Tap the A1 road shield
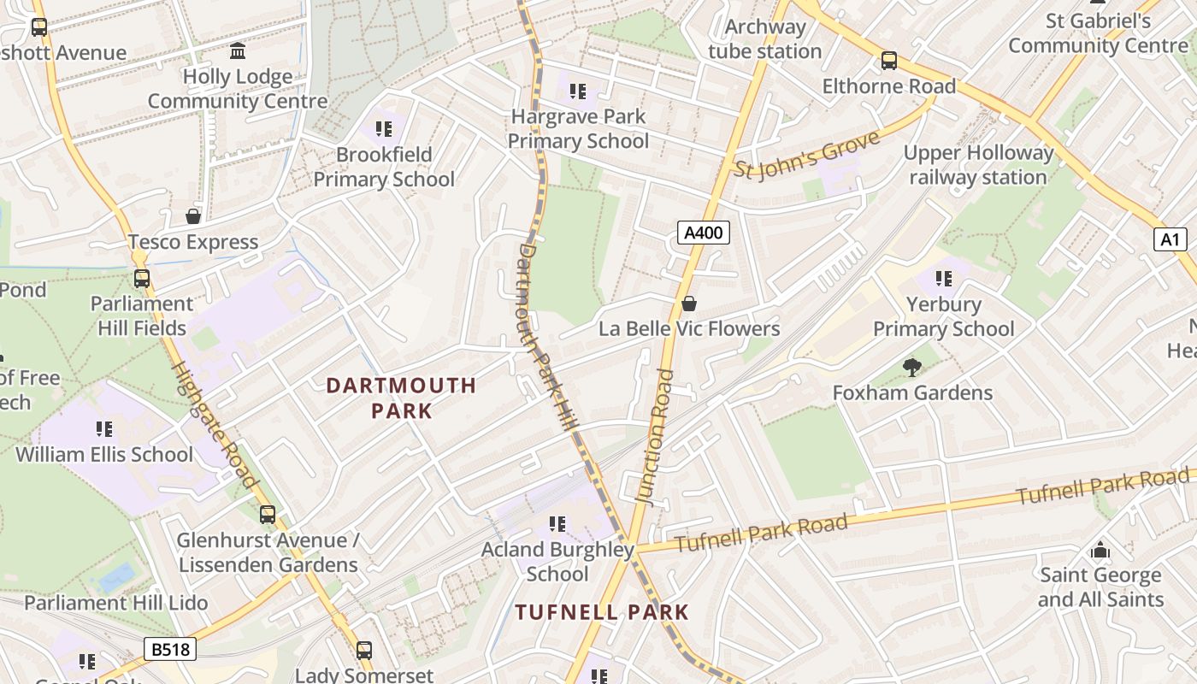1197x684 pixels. click(x=1170, y=239)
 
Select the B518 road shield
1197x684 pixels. click(x=169, y=650)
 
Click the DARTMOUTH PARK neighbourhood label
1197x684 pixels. click(x=401, y=398)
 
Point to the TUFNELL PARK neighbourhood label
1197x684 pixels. click(x=601, y=612)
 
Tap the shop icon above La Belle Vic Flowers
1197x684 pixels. click(x=688, y=304)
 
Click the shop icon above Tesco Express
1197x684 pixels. click(x=193, y=216)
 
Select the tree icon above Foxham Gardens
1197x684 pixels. click(x=912, y=368)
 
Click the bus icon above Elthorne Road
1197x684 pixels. click(x=889, y=61)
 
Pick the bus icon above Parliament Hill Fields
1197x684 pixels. click(x=141, y=279)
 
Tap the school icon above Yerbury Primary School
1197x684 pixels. click(x=944, y=278)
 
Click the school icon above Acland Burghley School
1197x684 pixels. click(x=557, y=523)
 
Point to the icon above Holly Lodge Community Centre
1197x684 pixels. click(x=238, y=50)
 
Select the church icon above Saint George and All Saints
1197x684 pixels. click(x=1100, y=550)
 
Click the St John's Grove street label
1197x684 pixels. click(x=806, y=154)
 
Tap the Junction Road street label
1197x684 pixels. click(x=657, y=436)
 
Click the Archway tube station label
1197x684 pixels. click(x=764, y=39)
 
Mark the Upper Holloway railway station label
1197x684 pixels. click(x=978, y=165)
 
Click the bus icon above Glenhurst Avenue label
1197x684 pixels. click(x=268, y=515)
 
